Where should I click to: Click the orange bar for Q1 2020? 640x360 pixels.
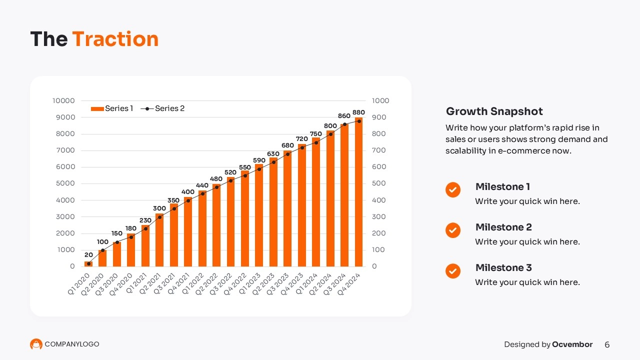pyautogui.click(x=88, y=264)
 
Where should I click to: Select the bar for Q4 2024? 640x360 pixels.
pyautogui.click(x=358, y=192)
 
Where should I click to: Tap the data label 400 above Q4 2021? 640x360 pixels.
pyautogui.click(x=188, y=192)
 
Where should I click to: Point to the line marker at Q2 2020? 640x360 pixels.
pyautogui.click(x=102, y=250)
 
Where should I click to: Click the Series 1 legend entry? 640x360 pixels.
pyautogui.click(x=112, y=108)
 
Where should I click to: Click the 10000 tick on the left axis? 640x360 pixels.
pyautogui.click(x=63, y=100)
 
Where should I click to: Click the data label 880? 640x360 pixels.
pyautogui.click(x=358, y=112)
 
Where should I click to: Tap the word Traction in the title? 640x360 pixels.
pyautogui.click(x=115, y=39)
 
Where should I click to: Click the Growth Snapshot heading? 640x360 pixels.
pyautogui.click(x=494, y=111)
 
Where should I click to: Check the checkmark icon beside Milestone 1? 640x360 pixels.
pyautogui.click(x=453, y=190)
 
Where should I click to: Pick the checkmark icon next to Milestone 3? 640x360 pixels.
pyautogui.click(x=453, y=271)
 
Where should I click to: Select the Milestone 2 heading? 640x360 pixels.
pyautogui.click(x=503, y=227)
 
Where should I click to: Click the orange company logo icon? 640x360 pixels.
pyautogui.click(x=36, y=344)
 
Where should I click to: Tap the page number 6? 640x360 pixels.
pyautogui.click(x=607, y=344)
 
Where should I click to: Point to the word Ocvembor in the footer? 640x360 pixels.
pyautogui.click(x=572, y=344)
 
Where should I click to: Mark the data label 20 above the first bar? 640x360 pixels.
pyautogui.click(x=88, y=255)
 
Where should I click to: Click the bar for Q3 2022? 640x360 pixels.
pyautogui.click(x=230, y=222)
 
